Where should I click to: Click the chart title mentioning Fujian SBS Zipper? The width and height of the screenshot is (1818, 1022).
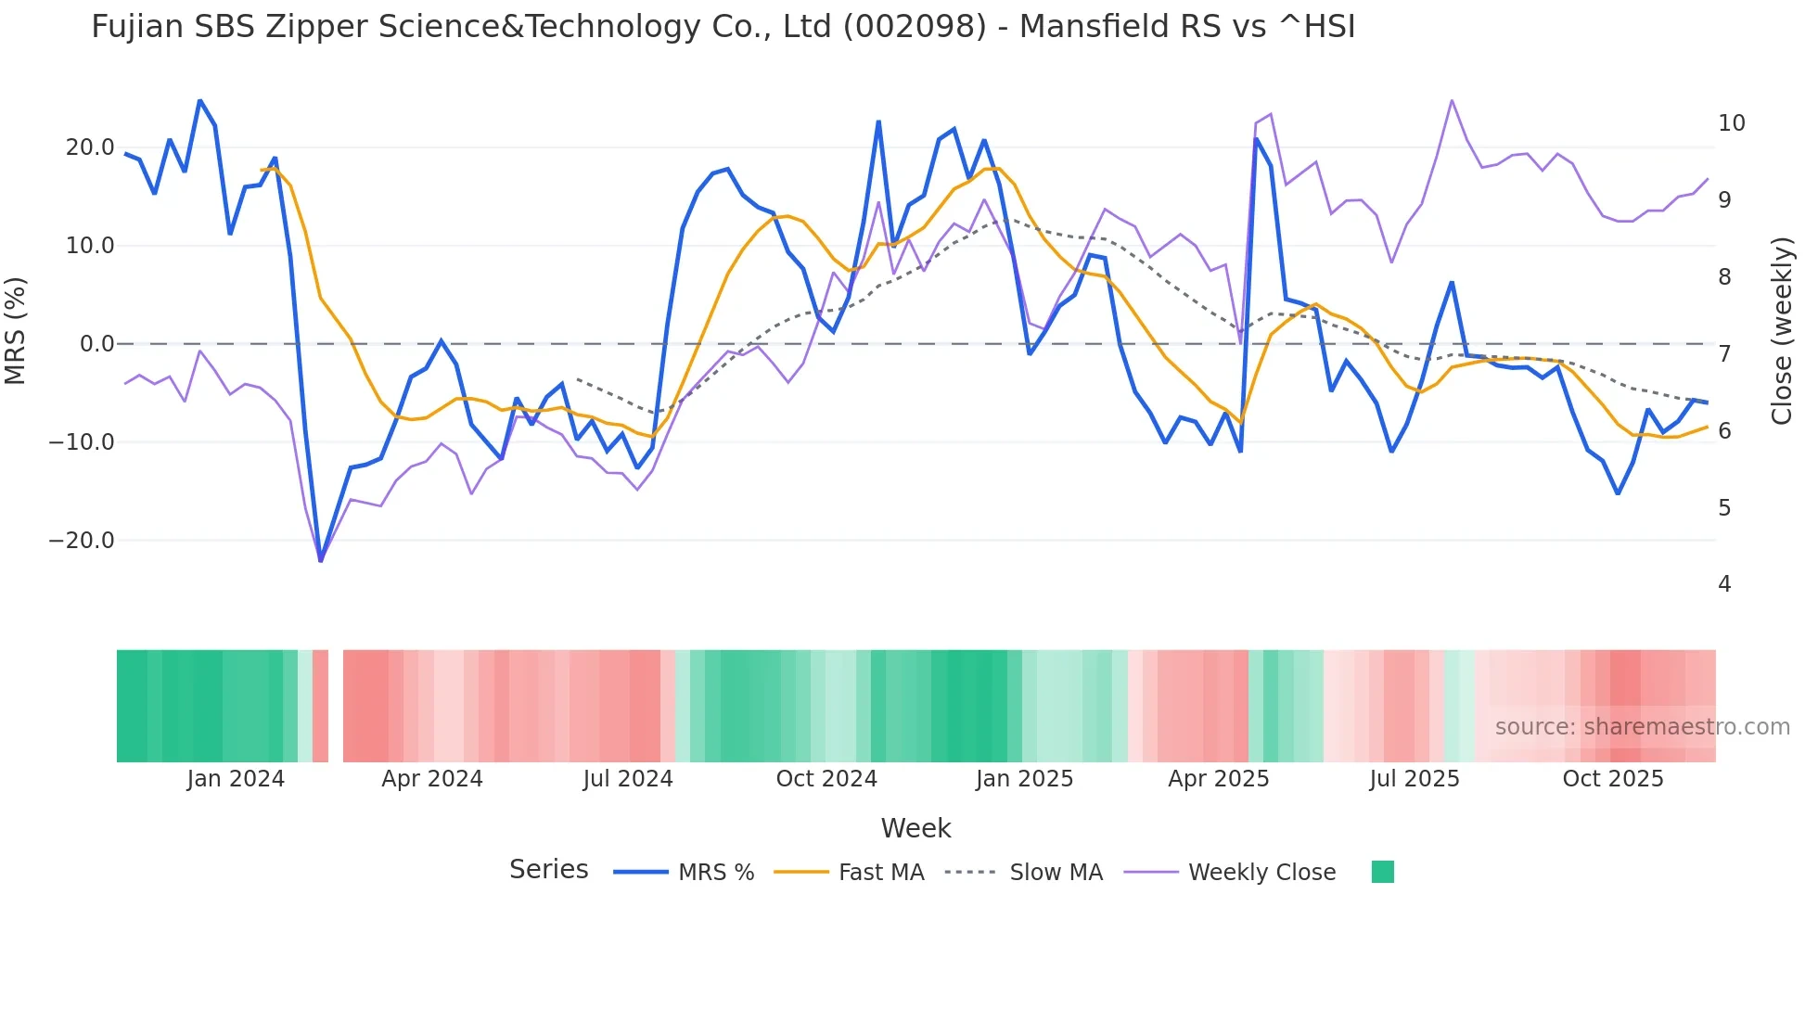pos(723,27)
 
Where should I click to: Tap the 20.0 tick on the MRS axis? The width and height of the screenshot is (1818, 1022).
pos(90,147)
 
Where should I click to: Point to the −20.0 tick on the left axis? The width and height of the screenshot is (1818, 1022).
pos(82,541)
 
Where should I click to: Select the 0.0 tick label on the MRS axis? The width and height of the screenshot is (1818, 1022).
pos(97,344)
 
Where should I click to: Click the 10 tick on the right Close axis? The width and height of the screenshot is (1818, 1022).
pos(1731,123)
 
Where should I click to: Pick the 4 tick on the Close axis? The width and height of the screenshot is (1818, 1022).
pos(1724,584)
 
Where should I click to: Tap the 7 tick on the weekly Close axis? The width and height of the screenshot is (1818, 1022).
pos(1724,353)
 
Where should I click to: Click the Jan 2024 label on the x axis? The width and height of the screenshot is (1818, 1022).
pos(236,779)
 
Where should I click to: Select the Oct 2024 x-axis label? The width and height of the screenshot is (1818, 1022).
pos(826,779)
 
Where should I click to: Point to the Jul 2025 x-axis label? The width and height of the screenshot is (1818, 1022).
pos(1415,779)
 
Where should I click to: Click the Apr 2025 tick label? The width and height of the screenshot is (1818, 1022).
pos(1218,779)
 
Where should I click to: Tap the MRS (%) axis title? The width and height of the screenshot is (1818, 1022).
pos(16,330)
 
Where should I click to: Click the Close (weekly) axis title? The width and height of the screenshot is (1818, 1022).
pos(1781,331)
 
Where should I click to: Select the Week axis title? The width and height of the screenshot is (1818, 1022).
pos(915,828)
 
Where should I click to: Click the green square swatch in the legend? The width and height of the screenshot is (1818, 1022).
pos(1382,872)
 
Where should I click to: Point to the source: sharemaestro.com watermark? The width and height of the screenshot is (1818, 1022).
pos(1642,727)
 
